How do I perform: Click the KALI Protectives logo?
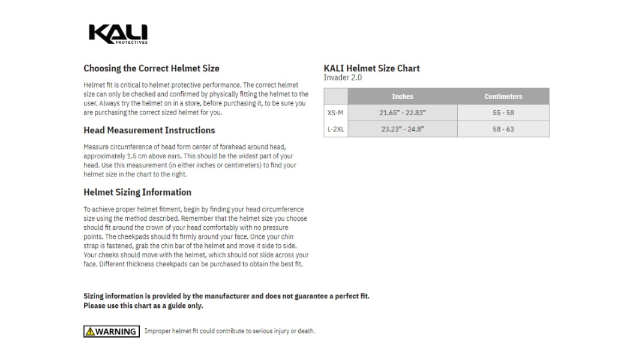118,34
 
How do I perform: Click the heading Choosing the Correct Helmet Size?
151,68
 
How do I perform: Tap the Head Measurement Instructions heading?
149,130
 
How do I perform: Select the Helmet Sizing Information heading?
137,193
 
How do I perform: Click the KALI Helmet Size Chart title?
371,68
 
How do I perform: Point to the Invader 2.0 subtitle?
343,78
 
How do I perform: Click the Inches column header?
402,97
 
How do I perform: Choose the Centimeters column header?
503,97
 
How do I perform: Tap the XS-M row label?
335,113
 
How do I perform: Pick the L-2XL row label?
335,129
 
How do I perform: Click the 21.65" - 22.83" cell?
402,113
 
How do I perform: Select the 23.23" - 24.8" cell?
402,129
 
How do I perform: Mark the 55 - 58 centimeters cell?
503,113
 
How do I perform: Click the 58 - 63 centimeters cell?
503,129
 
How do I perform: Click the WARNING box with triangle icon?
112,331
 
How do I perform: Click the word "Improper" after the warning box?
157,331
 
